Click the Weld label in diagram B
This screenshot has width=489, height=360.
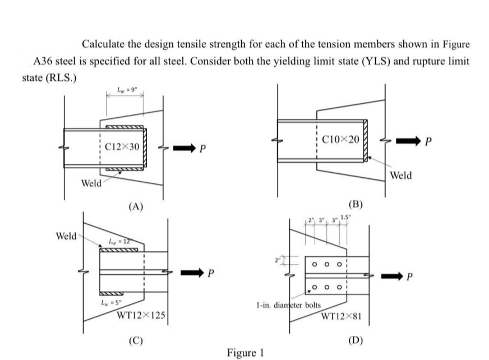[400, 175]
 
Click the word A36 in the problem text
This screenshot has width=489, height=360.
[46, 61]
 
